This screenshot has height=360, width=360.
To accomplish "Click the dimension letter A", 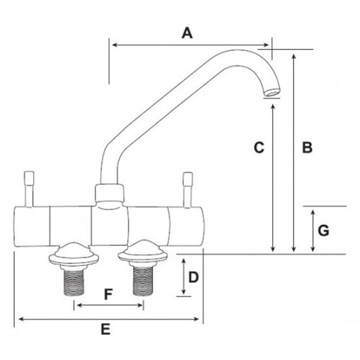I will (188, 32).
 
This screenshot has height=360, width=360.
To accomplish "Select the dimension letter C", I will (257, 147).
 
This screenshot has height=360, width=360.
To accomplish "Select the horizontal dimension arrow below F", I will (109, 306).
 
